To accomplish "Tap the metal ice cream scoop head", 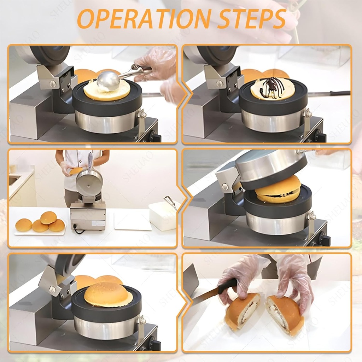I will (x=108, y=81).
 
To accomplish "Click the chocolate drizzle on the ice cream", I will (x=271, y=87).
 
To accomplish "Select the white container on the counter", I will (x=162, y=216).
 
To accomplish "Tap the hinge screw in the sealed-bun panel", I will (x=52, y=290).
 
